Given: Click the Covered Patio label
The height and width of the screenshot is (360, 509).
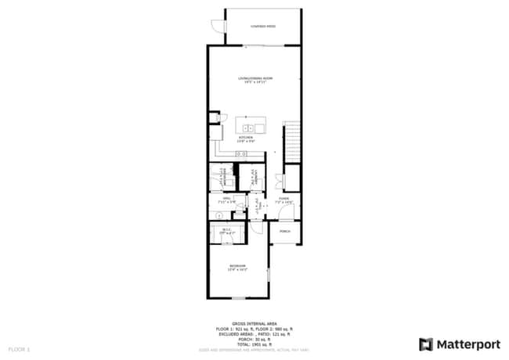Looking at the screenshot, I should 263,26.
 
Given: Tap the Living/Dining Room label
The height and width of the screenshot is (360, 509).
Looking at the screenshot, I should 255,80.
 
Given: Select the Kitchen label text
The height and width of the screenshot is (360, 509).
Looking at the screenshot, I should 245,139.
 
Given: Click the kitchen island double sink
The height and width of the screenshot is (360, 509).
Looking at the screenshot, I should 250,127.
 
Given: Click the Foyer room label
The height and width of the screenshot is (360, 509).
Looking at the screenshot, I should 285,200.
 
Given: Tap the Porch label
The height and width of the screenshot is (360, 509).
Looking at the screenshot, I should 285,232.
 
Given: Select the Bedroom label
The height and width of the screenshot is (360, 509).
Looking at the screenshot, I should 237,268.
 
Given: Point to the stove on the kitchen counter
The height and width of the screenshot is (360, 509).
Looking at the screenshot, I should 230,155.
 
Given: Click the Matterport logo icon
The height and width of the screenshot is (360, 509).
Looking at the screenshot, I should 426,344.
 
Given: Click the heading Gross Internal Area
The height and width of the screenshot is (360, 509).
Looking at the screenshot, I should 254,322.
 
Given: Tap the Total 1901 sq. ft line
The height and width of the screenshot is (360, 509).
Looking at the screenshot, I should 254,344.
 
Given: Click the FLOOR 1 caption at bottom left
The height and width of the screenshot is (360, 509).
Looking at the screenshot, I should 19,348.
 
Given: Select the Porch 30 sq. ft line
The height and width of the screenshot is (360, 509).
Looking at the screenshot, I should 254,339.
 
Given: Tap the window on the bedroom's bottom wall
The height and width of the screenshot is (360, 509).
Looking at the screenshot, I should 239,298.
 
